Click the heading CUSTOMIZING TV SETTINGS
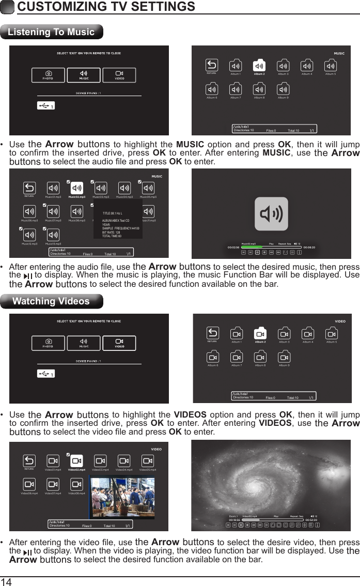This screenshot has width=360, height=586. click(x=106, y=7)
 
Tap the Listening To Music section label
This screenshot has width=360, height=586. click(x=52, y=32)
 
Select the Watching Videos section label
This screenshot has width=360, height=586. click(x=51, y=301)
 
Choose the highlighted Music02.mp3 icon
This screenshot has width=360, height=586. click(x=76, y=188)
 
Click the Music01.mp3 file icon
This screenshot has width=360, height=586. click(x=53, y=188)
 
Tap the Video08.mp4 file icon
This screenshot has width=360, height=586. click(x=76, y=484)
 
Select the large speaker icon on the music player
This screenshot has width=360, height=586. click(x=271, y=213)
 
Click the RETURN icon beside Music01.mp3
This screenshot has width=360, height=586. click(x=29, y=188)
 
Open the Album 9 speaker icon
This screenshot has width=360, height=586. click(x=283, y=88)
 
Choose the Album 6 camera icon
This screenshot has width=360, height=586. click(x=212, y=357)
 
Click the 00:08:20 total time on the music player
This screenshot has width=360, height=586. click(x=309, y=247)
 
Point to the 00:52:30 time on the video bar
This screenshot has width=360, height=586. click(x=310, y=519)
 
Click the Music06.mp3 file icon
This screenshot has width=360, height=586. click(x=29, y=211)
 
